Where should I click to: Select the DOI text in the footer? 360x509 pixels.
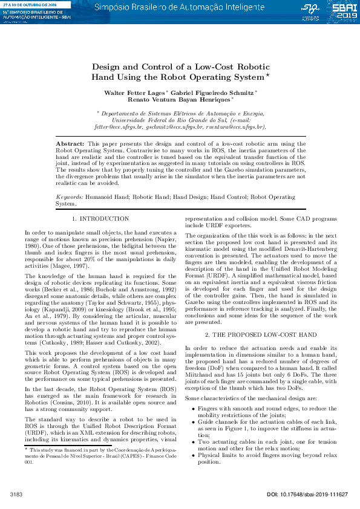[x=307, y=494]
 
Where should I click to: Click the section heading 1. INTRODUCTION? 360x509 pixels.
[x=100, y=218]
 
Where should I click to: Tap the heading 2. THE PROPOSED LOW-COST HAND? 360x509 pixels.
[x=260, y=334]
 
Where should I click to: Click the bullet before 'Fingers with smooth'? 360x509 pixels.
[x=193, y=391]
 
